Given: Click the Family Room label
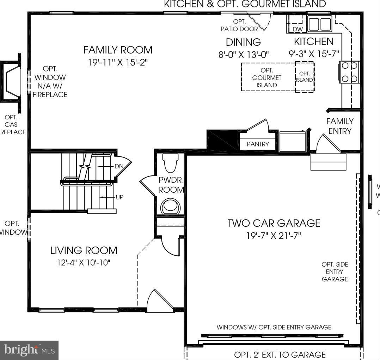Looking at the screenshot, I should click(118, 50).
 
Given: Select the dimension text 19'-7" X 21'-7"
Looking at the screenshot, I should click(274, 235).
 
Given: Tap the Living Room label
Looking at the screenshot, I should click(84, 250).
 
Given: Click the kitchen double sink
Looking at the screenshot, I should click(319, 24).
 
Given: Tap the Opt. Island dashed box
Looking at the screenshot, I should click(304, 77).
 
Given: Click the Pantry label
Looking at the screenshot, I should click(258, 144).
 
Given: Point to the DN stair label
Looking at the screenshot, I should click(119, 166).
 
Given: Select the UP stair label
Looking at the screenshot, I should click(119, 197).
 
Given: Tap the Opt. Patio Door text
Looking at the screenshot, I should click(239, 25).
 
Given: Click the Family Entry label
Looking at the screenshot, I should click(340, 126).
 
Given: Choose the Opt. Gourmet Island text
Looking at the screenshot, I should click(267, 77).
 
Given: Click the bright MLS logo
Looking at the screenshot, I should click(29, 350).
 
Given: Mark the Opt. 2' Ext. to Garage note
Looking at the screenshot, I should click(280, 354).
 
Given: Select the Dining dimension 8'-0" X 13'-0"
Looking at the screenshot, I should click(244, 55).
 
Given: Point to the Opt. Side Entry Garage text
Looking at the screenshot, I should click(335, 272).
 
